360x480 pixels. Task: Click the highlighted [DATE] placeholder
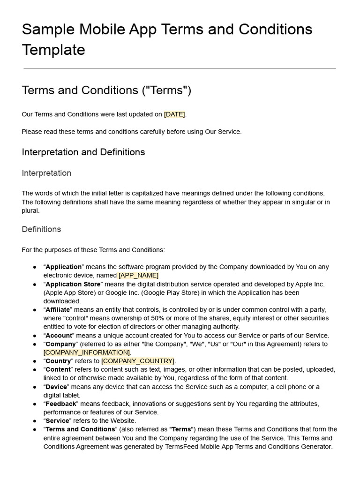tap(174, 114)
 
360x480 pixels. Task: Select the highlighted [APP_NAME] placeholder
tap(138, 275)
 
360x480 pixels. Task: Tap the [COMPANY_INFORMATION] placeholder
tap(87, 352)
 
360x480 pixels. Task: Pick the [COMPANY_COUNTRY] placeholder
tap(138, 361)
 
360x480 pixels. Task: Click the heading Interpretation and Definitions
tap(83, 152)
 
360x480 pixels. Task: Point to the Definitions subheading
tap(41, 229)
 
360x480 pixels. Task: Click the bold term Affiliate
tap(58, 310)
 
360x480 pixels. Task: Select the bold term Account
tap(59, 336)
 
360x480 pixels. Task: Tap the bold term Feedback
tap(60, 404)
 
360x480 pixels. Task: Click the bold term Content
tap(58, 369)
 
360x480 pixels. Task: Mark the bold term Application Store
tap(73, 284)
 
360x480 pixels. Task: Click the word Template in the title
tap(53, 50)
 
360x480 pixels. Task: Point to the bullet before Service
tap(35, 421)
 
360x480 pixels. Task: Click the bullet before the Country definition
tap(35, 361)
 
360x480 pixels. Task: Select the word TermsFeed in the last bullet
tap(183, 446)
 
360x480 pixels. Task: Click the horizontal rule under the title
tap(180, 68)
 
